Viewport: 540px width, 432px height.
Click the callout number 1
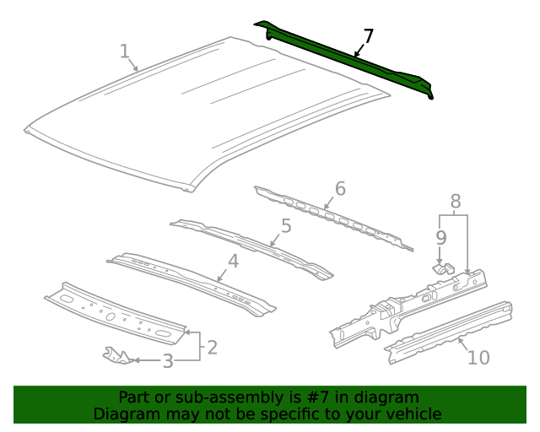(x=124, y=51)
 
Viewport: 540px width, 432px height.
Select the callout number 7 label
(x=368, y=36)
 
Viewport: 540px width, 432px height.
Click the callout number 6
(x=340, y=188)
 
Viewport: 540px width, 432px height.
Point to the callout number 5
(x=286, y=225)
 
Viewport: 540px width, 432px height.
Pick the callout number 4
(x=233, y=261)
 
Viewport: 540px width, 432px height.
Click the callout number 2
(x=212, y=346)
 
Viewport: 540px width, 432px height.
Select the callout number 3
(x=167, y=361)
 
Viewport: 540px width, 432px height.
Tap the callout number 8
(x=456, y=201)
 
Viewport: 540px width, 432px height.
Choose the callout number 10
(x=478, y=358)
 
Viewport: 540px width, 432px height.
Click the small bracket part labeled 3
(x=117, y=355)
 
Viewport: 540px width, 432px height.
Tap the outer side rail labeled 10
(x=447, y=331)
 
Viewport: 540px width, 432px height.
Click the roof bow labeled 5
(x=253, y=247)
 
